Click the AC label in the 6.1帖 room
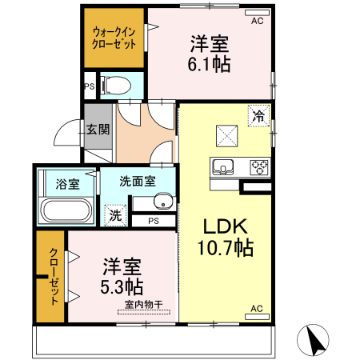point(258,22)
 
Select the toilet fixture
point(115,83)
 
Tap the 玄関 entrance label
point(98,129)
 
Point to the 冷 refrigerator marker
point(258,116)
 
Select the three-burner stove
point(259,168)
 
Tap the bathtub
point(67,212)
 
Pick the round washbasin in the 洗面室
point(162,201)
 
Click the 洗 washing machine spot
point(116,214)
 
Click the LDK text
point(226,226)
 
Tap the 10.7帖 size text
point(226,249)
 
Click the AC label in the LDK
point(258,308)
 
